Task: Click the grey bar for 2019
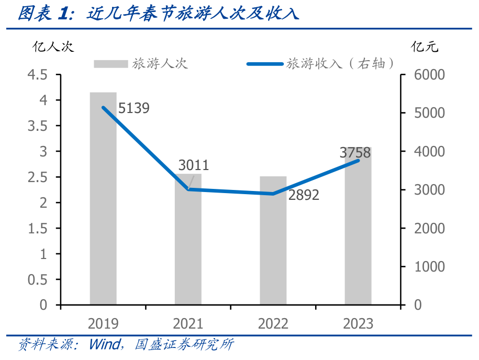pyautogui.click(x=103, y=198)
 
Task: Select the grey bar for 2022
pyautogui.click(x=273, y=240)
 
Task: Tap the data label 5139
pyautogui.click(x=134, y=108)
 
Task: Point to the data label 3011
pyautogui.click(x=193, y=165)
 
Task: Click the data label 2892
pyautogui.click(x=303, y=195)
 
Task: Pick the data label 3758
pyautogui.click(x=355, y=153)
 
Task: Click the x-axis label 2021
pyautogui.click(x=188, y=323)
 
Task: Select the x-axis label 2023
pyautogui.click(x=358, y=323)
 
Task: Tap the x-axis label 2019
pyautogui.click(x=103, y=323)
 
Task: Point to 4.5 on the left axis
pyautogui.click(x=37, y=75)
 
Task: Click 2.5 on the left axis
pyautogui.click(x=37, y=177)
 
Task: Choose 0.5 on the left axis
pyautogui.click(x=37, y=279)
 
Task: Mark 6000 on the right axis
pyautogui.click(x=429, y=75)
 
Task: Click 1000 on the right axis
pyautogui.click(x=429, y=267)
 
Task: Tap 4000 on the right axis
pyautogui.click(x=429, y=152)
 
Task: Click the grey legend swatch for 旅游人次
pyautogui.click(x=110, y=64)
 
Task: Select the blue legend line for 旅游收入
pyautogui.click(x=265, y=64)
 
